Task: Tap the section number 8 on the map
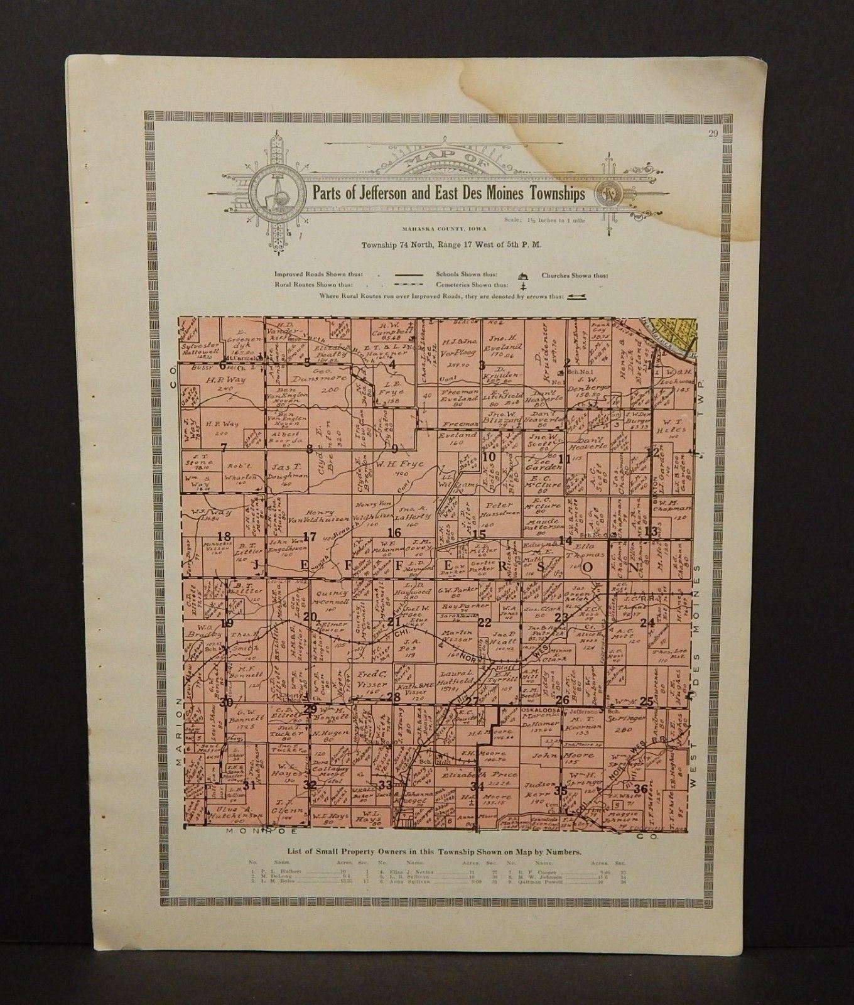309,448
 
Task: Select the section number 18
224,536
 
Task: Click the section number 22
484,622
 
